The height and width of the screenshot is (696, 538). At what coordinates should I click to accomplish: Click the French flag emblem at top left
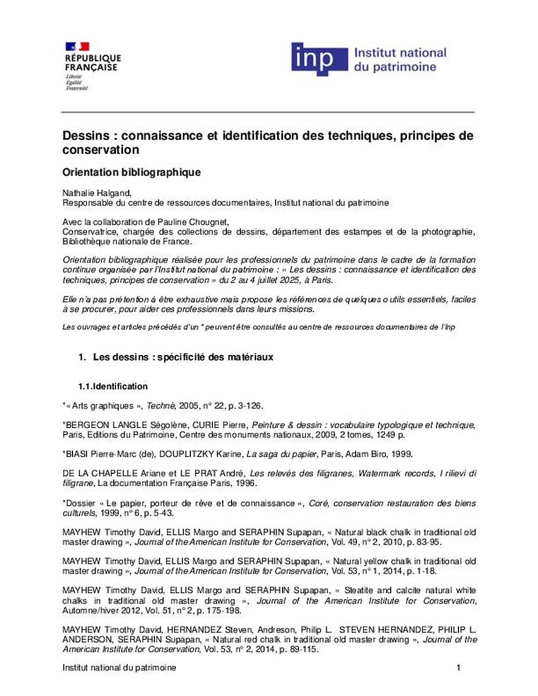click(x=77, y=46)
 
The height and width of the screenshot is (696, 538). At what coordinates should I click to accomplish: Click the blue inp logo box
click(x=319, y=59)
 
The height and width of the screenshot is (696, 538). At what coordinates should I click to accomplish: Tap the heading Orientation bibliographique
click(x=132, y=172)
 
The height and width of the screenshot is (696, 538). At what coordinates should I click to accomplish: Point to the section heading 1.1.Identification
click(x=113, y=386)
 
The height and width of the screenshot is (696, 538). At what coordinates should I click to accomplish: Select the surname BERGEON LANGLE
click(x=99, y=425)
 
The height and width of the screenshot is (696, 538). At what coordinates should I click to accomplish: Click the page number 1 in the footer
click(x=458, y=668)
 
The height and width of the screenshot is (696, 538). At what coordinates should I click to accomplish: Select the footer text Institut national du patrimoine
click(x=119, y=668)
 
